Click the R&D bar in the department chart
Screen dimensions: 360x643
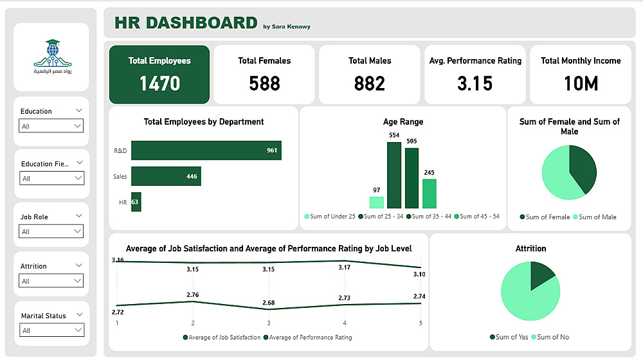(206, 150)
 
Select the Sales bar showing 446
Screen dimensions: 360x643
(166, 176)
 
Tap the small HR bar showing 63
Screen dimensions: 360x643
(136, 202)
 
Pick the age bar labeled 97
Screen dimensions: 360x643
(377, 203)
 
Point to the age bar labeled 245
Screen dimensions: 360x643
(430, 194)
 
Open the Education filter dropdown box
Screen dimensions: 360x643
(51, 126)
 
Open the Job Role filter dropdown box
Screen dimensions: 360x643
(51, 231)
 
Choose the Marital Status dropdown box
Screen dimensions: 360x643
(51, 330)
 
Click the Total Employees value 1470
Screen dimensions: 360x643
(159, 83)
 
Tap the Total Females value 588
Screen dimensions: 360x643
(264, 83)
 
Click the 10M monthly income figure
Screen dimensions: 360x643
(581, 83)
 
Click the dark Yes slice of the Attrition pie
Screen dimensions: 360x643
(542, 276)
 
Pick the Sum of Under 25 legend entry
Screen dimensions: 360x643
(329, 217)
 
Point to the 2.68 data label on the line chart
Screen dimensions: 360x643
(268, 303)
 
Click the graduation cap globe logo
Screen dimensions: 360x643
(51, 51)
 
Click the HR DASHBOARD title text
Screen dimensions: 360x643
(186, 22)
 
